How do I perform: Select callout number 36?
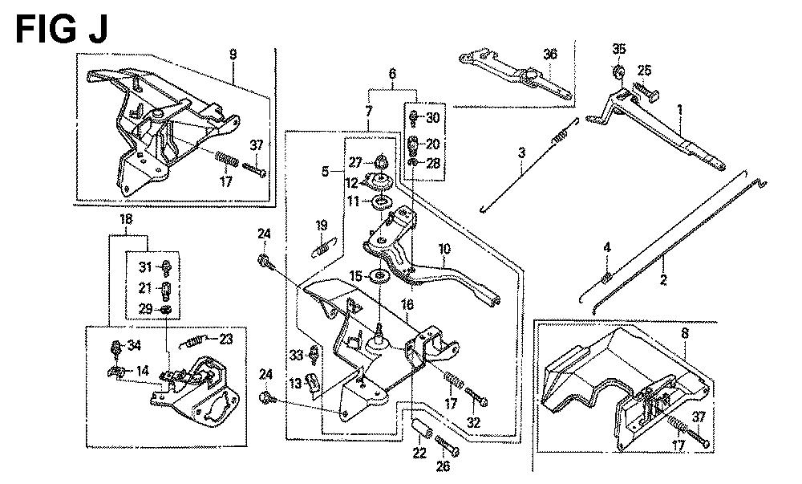[x=549, y=54]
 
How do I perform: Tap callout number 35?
[x=618, y=47]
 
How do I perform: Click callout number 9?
[x=233, y=55]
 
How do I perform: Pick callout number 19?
[x=321, y=225]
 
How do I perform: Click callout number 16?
[x=407, y=305]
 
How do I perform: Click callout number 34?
[x=134, y=346]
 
